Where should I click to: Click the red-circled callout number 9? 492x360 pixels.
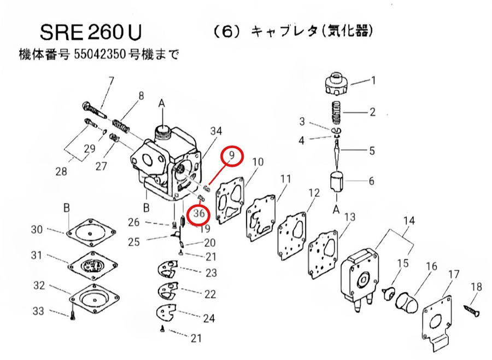point(232,156)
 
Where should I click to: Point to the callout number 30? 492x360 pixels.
point(37,230)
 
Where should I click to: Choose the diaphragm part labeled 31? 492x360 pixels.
point(91,265)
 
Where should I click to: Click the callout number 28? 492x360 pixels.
point(61,171)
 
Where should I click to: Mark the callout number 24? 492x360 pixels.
point(209,317)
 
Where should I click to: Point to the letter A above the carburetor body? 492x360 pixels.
point(162,103)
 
